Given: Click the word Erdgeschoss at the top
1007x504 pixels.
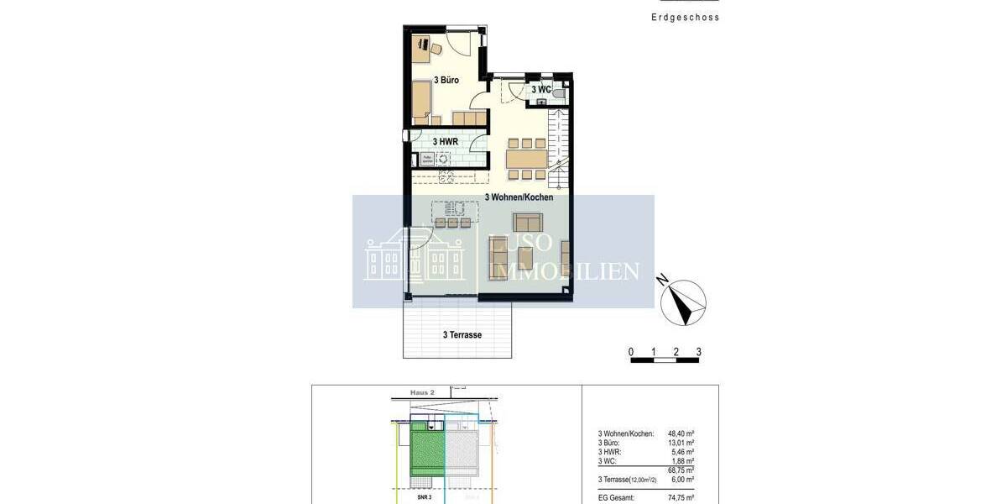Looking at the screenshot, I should [x=686, y=17].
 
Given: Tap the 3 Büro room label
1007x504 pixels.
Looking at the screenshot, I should [x=446, y=81].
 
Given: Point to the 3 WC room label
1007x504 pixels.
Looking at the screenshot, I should [x=541, y=89].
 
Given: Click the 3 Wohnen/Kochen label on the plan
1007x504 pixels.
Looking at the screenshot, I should [x=519, y=197].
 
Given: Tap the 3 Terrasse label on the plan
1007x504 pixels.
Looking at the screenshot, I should [x=462, y=335].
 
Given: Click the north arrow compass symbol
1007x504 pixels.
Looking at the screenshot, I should [x=683, y=302].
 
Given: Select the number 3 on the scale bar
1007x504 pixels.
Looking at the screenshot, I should [x=698, y=352].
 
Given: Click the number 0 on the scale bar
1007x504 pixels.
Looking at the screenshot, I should [x=631, y=352].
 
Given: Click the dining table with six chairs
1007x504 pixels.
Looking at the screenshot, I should [x=525, y=158].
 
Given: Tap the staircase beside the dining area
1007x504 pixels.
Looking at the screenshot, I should [x=557, y=147].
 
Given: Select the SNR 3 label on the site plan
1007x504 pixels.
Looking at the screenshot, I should [x=424, y=497].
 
